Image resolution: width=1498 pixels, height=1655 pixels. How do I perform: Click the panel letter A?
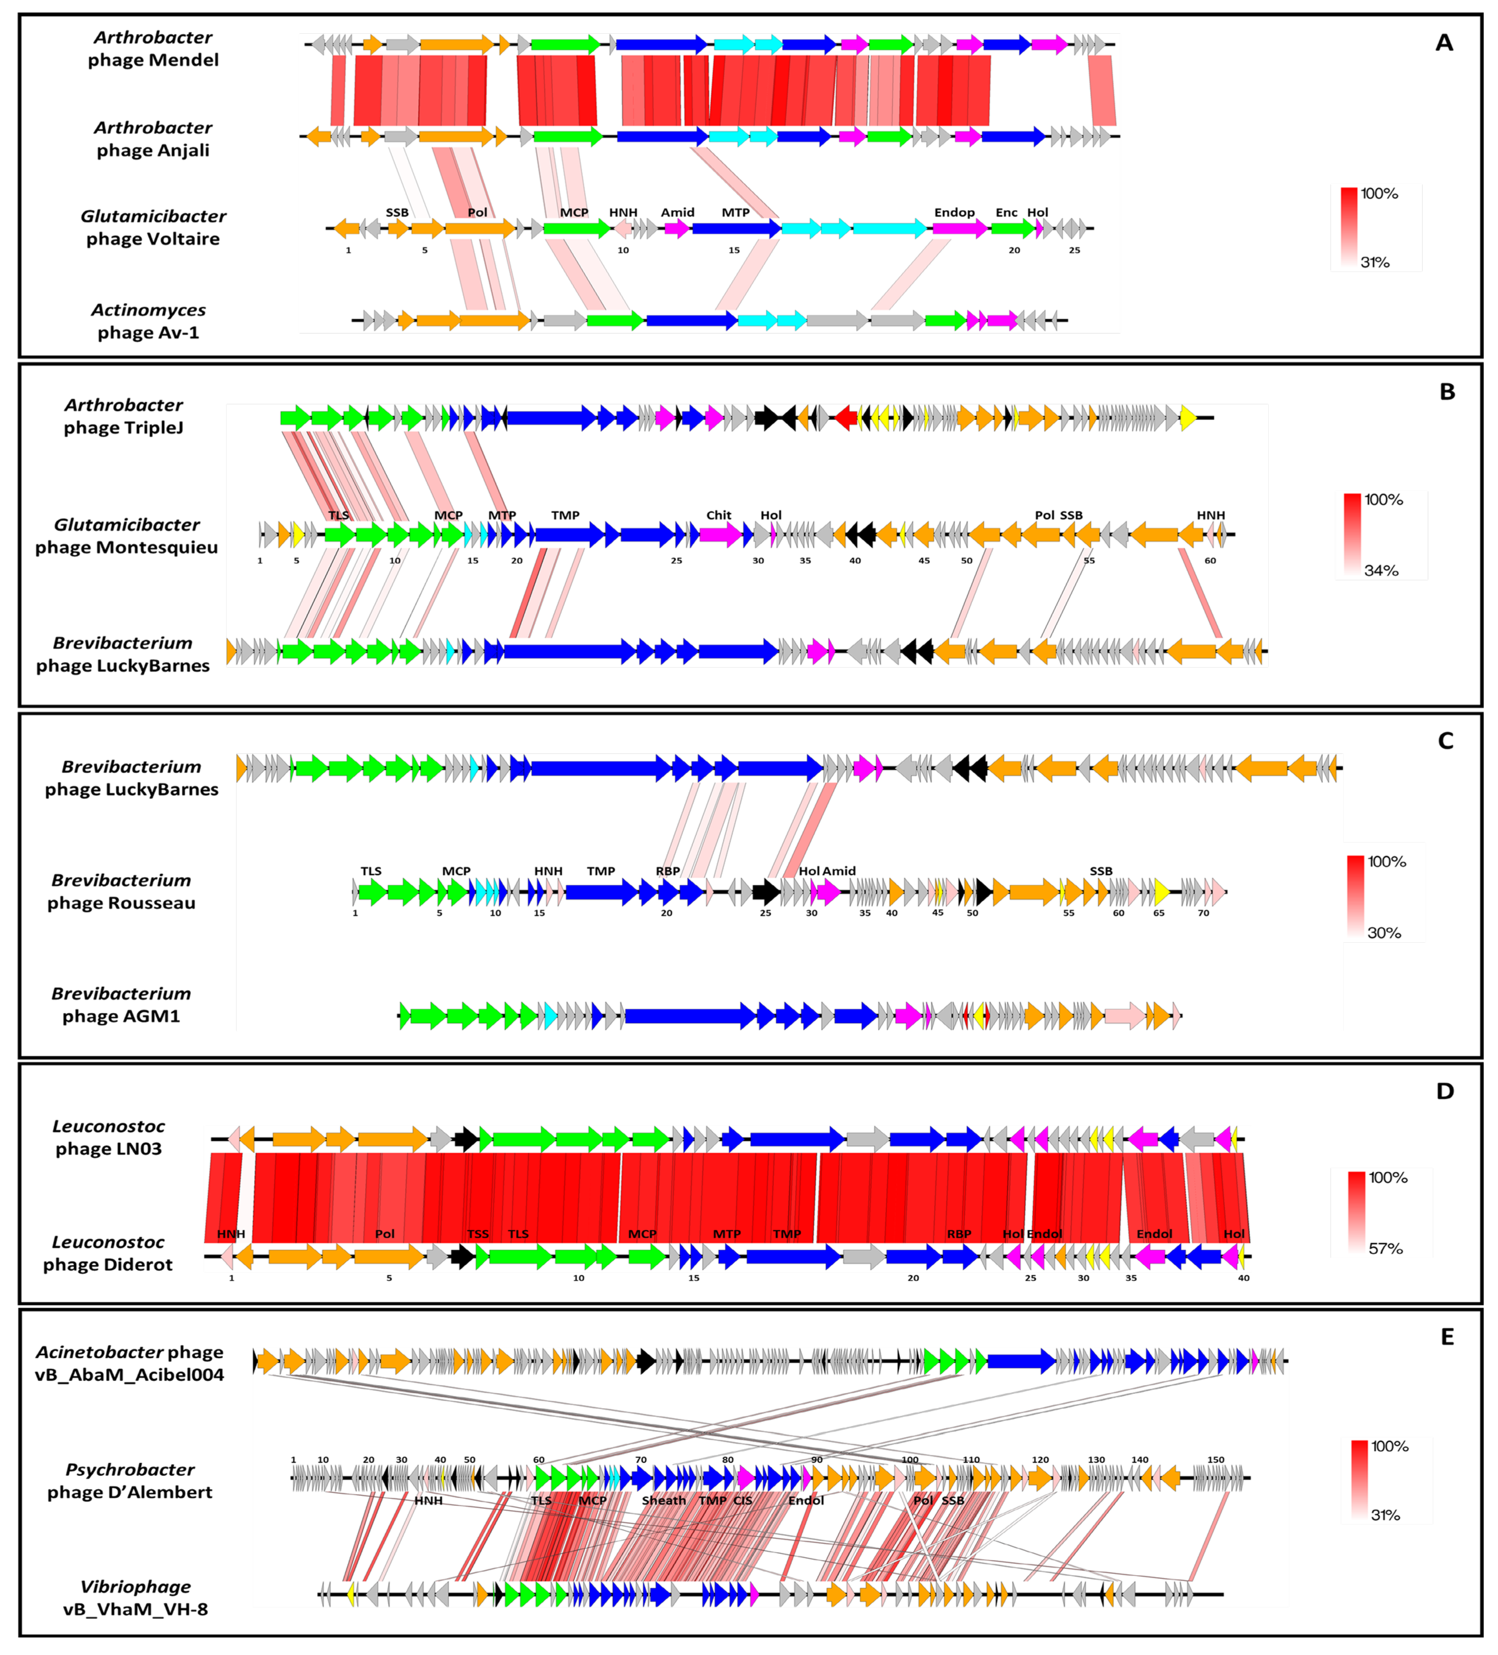tap(1444, 43)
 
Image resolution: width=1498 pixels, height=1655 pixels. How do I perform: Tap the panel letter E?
tap(1447, 1337)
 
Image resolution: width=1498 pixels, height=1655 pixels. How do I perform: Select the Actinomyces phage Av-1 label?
tap(148, 321)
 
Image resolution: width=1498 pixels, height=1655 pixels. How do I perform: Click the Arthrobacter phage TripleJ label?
tap(124, 416)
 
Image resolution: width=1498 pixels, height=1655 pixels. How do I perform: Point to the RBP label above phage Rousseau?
tap(667, 871)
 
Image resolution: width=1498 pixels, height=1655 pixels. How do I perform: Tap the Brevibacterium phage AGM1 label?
tap(122, 1005)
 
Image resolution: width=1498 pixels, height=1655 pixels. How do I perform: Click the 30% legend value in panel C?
tap(1384, 933)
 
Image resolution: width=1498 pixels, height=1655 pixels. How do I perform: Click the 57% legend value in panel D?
tap(1386, 1249)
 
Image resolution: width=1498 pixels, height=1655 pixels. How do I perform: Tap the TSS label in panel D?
tap(478, 1234)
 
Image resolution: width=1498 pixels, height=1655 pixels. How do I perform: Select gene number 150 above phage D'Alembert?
tap(1216, 1460)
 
